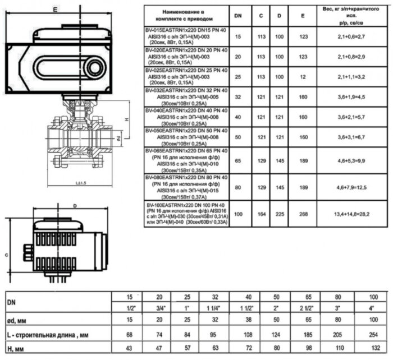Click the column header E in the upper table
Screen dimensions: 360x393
pyautogui.click(x=303, y=16)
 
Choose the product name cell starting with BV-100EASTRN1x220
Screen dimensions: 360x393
pyautogui.click(x=187, y=213)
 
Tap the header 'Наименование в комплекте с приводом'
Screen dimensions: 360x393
pyautogui.click(x=187, y=15)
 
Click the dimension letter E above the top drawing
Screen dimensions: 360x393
pyautogui.click(x=54, y=10)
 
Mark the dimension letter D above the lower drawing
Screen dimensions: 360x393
pyautogui.click(x=75, y=206)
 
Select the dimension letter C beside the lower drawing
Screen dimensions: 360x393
pyautogui.click(x=6, y=255)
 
